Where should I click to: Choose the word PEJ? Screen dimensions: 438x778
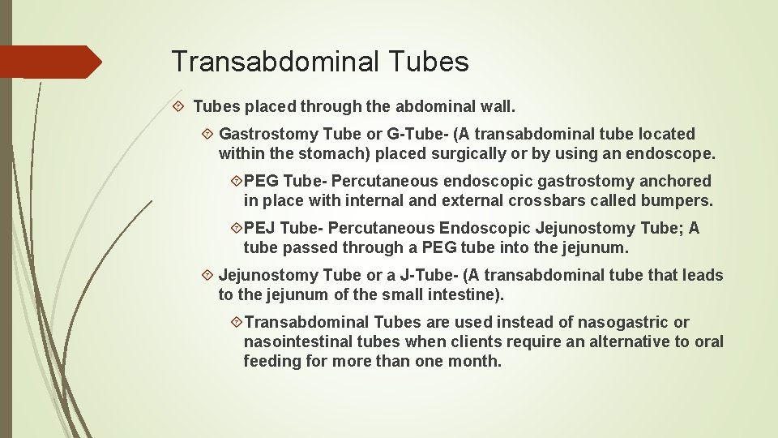pyautogui.click(x=259, y=228)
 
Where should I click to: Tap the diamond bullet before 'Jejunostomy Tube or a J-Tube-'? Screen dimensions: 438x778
pyautogui.click(x=207, y=275)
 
